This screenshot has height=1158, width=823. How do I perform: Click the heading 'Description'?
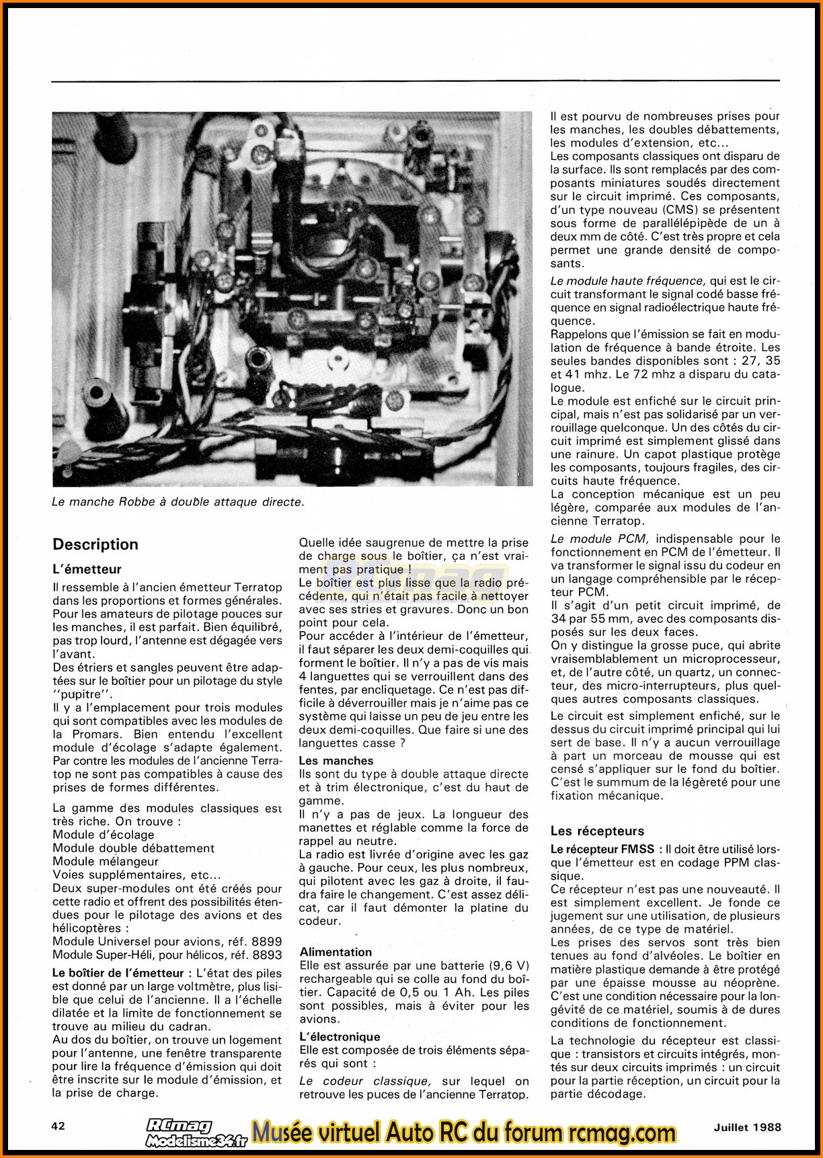[x=95, y=544]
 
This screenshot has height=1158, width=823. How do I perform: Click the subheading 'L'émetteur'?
[x=87, y=569]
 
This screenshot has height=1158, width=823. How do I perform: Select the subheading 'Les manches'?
[x=336, y=761]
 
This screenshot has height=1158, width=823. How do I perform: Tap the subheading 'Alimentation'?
[x=336, y=952]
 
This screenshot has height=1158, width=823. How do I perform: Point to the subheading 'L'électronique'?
[x=340, y=1036]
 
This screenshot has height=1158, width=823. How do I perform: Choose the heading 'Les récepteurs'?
[x=597, y=831]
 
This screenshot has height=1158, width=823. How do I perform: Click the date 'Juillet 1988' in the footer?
[x=748, y=1127]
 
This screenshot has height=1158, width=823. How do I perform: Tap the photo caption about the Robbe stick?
[x=178, y=501]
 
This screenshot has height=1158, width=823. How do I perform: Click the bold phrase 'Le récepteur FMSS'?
[x=602, y=849]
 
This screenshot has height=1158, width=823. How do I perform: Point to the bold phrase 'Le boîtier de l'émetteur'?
[x=118, y=973]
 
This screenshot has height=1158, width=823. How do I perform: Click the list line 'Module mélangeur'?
[x=106, y=861]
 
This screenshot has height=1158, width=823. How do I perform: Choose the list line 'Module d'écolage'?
[x=104, y=835]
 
